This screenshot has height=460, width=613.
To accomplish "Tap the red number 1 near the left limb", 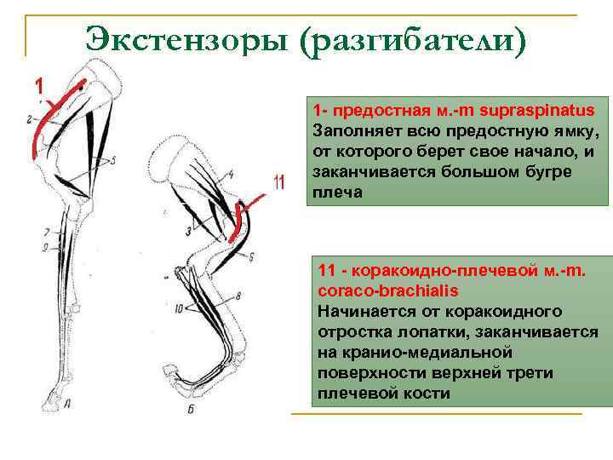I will pos(38,85).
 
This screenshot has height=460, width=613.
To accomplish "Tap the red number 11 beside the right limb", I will pos(278,183).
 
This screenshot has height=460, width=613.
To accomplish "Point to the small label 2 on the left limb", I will pos(30,119).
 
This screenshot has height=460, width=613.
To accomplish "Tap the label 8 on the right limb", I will pos(239,296).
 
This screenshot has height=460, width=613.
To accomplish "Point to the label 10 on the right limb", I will pos(179,310).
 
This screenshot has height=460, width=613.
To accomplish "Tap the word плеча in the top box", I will pos(332,193).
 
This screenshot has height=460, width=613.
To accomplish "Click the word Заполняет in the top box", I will pos(350,132).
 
